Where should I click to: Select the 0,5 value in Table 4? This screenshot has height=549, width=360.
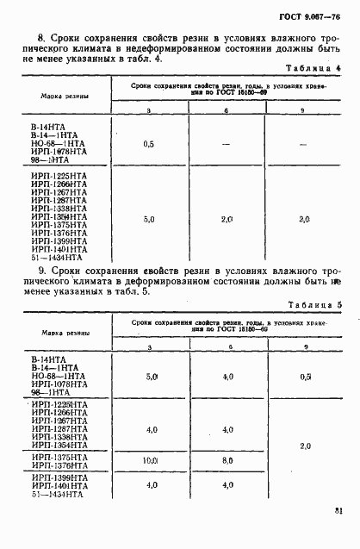pos(148,144)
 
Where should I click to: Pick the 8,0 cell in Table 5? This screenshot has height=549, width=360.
pos(227,461)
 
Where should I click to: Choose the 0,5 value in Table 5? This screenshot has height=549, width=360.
pos(304,377)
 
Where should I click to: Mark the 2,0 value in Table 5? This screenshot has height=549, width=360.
pos(304,446)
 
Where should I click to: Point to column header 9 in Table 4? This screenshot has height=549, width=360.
pos(303,111)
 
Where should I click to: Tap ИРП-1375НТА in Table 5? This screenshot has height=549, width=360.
pos(59,457)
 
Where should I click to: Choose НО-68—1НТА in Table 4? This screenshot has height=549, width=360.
pos(57,143)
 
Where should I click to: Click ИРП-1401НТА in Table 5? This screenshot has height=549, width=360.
pos(59,484)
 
